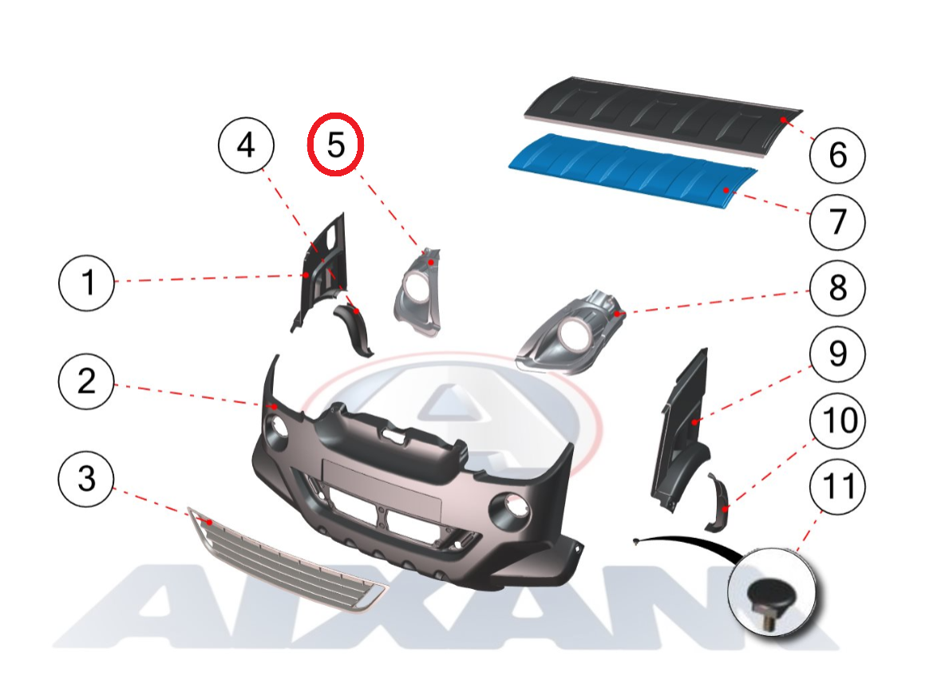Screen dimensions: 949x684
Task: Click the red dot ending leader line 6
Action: [783, 120]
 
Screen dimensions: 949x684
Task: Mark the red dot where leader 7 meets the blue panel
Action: [726, 191]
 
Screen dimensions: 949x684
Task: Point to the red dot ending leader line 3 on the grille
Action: [209, 521]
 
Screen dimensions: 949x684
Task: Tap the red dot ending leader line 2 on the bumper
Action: [275, 407]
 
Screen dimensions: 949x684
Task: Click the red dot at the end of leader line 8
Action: [617, 314]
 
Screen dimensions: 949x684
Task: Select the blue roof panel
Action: [633, 168]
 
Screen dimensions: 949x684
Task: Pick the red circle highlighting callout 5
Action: [335, 144]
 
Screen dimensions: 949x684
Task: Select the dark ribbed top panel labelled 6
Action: [663, 115]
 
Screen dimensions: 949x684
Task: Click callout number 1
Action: [86, 283]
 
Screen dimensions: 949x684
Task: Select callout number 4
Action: [246, 145]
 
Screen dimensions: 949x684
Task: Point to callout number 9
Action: [837, 354]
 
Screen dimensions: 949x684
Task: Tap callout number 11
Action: [837, 486]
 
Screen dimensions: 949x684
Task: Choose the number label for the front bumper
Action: [86, 382]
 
